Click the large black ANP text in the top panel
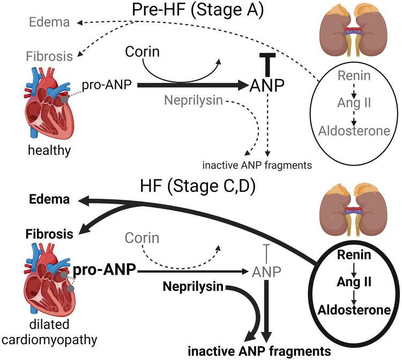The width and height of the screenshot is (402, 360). (266, 85)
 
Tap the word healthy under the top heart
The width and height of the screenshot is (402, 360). (50, 149)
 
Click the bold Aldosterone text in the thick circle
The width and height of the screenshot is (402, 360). (354, 310)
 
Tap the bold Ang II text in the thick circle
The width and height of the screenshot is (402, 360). (354, 280)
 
